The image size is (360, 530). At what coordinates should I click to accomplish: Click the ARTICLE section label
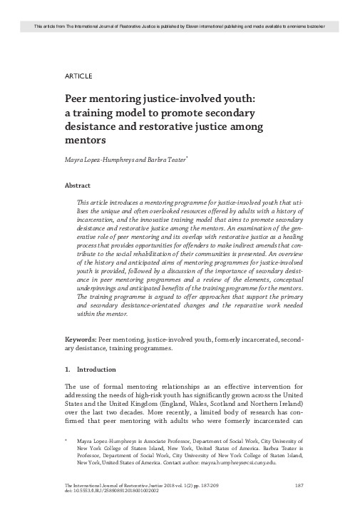pos(78,75)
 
